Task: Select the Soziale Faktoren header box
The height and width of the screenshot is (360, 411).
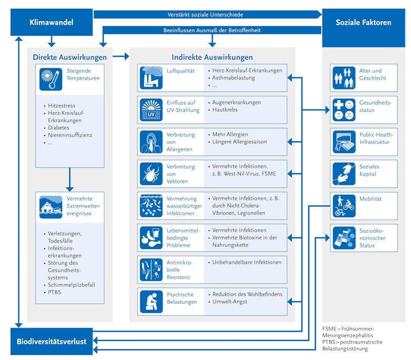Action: click(363, 23)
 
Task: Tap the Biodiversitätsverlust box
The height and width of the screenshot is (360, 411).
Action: click(51, 341)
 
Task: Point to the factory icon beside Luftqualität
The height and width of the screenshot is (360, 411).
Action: click(152, 78)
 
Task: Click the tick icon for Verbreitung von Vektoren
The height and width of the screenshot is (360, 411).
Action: click(152, 174)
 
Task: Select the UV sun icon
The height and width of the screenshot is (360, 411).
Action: click(152, 109)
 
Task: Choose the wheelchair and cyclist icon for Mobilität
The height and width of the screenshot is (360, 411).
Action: click(344, 205)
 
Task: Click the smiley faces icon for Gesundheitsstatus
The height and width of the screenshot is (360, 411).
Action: click(344, 110)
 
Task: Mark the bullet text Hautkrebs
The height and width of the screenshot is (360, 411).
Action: click(226, 110)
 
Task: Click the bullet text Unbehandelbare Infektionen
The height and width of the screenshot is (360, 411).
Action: click(247, 262)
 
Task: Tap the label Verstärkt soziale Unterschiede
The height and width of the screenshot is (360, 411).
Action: click(206, 14)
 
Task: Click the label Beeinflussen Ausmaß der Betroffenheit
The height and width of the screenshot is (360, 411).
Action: click(212, 30)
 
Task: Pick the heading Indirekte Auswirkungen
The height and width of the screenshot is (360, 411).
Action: click(212, 57)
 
